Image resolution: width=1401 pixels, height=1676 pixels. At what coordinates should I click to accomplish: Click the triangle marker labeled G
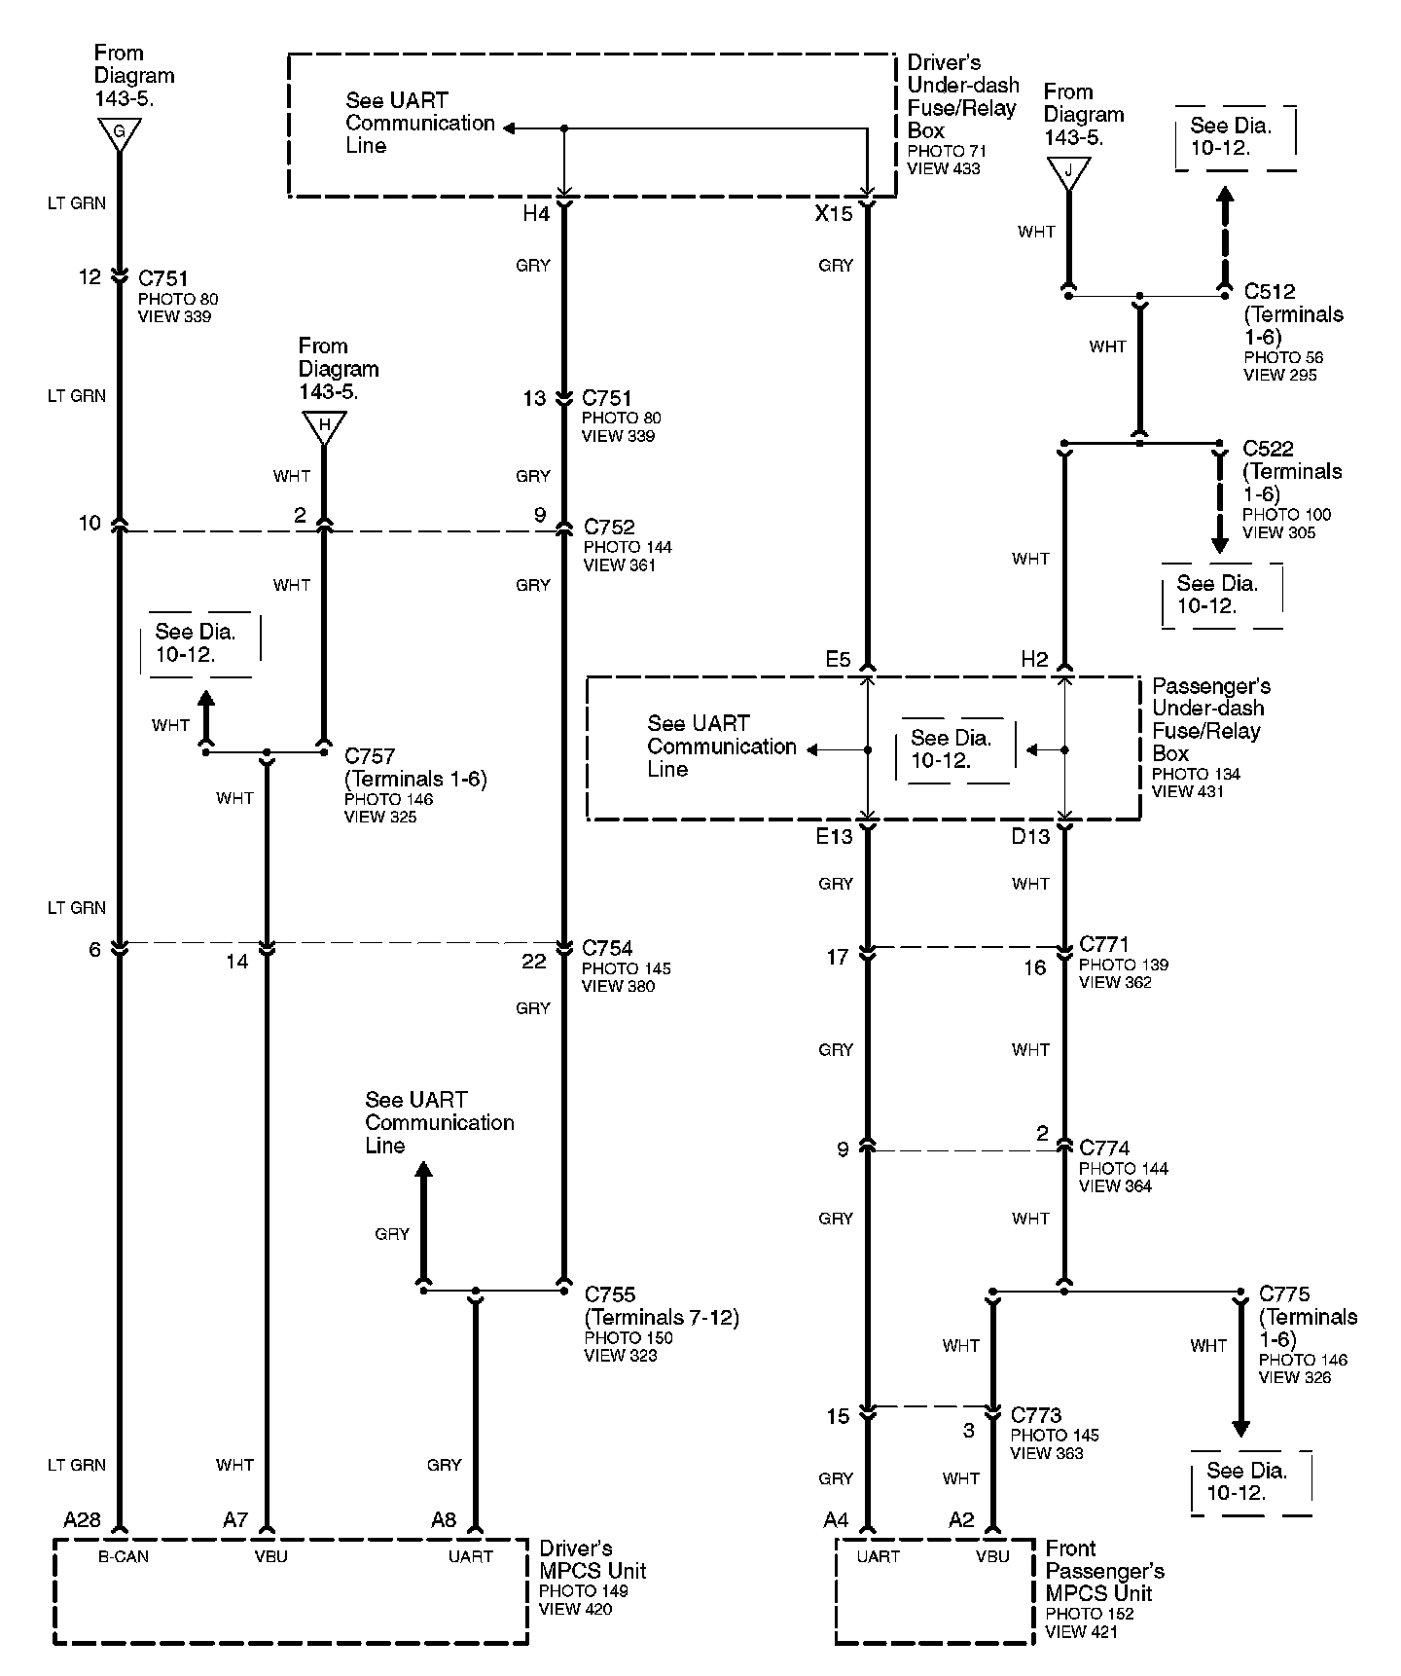(119, 132)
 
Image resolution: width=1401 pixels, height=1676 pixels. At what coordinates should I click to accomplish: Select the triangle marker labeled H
(324, 425)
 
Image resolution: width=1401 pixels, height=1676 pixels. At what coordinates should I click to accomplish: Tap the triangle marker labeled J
(1068, 171)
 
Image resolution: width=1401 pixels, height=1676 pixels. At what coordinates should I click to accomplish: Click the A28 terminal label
(83, 1520)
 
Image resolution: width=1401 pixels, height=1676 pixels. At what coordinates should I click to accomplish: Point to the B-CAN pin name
(124, 1556)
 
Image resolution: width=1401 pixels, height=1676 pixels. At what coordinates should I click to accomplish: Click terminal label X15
(834, 213)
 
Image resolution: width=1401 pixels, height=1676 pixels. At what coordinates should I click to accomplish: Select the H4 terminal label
(536, 213)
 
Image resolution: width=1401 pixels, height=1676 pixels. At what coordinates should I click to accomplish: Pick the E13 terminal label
(834, 836)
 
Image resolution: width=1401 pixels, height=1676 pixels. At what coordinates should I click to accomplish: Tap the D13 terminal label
(1030, 836)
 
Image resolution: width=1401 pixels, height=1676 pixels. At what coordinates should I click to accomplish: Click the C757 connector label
(370, 756)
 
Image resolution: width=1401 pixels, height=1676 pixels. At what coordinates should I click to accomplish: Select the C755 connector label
(610, 1294)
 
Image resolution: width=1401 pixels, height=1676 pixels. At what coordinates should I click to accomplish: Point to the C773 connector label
(1036, 1415)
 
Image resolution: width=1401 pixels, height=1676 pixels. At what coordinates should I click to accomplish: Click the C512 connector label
(1270, 291)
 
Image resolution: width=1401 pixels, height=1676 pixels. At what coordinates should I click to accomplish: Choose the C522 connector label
(1269, 449)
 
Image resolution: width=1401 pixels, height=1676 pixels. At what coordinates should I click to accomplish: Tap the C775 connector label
(1284, 1294)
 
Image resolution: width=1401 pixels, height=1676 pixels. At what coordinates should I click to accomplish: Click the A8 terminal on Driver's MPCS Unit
(444, 1520)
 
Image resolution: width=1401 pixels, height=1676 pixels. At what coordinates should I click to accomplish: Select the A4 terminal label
(836, 1520)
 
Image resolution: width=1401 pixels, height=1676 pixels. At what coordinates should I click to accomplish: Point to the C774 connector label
(1104, 1148)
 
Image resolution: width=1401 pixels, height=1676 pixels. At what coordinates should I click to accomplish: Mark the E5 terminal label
(838, 660)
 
